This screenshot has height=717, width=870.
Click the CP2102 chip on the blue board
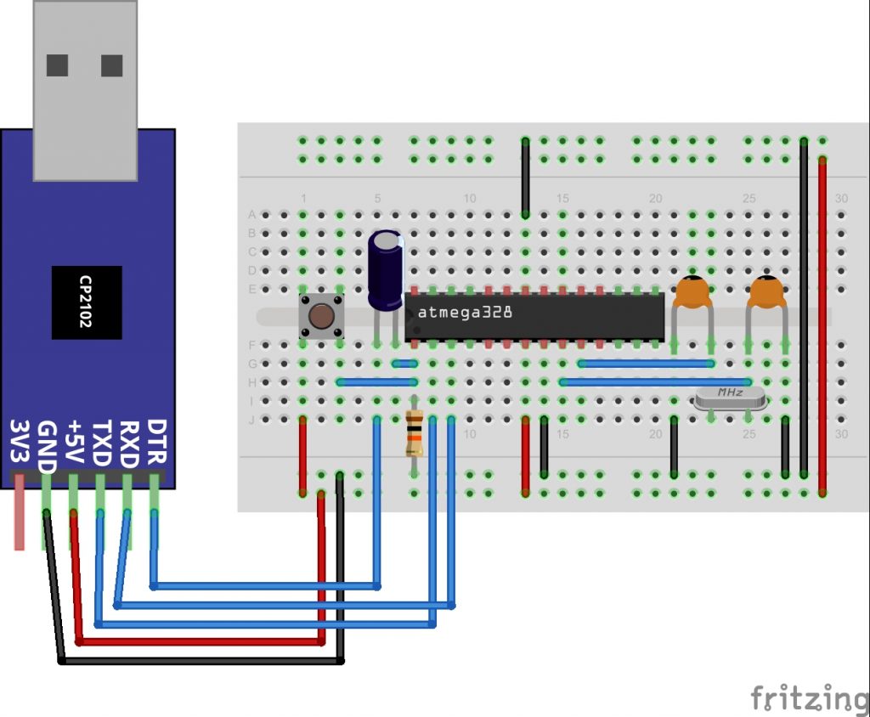pyautogui.click(x=86, y=302)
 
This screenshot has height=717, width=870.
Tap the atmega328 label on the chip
pyautogui.click(x=465, y=313)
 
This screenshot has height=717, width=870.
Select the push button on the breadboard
pyautogui.click(x=321, y=316)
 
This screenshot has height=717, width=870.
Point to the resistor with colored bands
pyautogui.click(x=415, y=432)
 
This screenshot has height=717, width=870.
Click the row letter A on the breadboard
pyautogui.click(x=251, y=214)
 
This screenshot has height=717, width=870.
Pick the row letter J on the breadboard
pyautogui.click(x=251, y=419)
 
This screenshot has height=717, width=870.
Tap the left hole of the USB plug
pyautogui.click(x=58, y=65)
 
